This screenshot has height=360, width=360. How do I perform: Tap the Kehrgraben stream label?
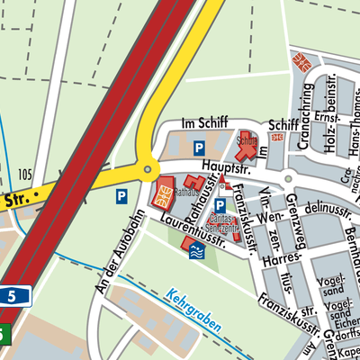[193, 307]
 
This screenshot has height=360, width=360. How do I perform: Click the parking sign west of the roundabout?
[121, 194]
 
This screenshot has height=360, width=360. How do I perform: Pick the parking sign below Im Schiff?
[200, 147]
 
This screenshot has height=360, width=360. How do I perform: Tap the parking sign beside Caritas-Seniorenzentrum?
[219, 206]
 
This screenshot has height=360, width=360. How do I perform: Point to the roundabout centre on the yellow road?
[146, 168]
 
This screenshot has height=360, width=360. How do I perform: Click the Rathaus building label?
[185, 192]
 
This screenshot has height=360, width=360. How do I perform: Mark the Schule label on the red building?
[247, 140]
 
